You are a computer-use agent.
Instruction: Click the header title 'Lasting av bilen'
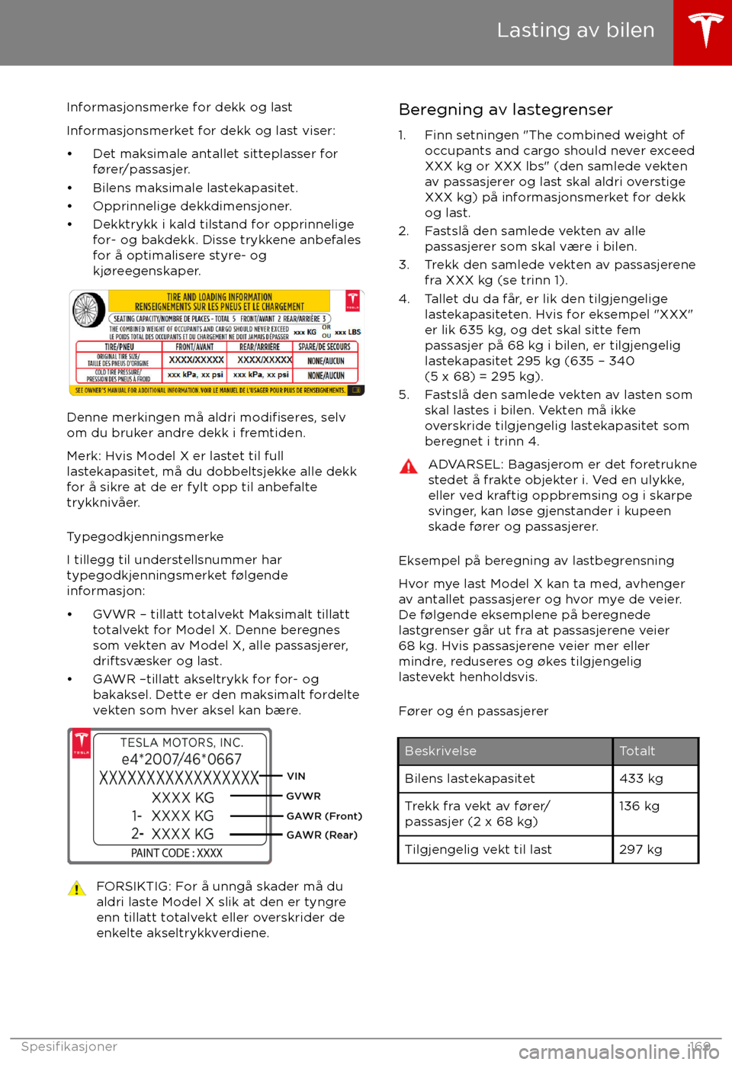click(x=575, y=31)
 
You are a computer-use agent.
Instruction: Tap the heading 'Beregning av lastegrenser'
click(x=505, y=110)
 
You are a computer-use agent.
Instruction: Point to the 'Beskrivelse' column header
click(x=441, y=751)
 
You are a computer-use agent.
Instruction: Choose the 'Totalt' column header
click(x=637, y=751)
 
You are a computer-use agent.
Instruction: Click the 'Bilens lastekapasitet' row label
click(x=470, y=779)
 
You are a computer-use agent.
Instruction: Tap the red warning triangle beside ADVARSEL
click(x=409, y=467)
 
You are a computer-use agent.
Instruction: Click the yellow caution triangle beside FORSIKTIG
click(x=77, y=889)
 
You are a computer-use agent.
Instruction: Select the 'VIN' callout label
click(x=296, y=777)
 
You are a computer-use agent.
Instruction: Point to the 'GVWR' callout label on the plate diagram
click(x=303, y=796)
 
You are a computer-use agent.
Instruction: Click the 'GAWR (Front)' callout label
click(x=324, y=816)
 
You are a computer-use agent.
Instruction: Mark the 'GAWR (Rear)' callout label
click(x=322, y=835)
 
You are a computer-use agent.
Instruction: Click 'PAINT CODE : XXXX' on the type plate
click(x=177, y=854)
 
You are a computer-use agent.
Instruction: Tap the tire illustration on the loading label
click(x=88, y=311)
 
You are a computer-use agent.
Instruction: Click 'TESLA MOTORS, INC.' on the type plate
click(x=181, y=743)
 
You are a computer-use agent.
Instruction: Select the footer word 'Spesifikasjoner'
click(x=69, y=1047)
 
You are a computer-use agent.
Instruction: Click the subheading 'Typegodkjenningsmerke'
click(x=145, y=537)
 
